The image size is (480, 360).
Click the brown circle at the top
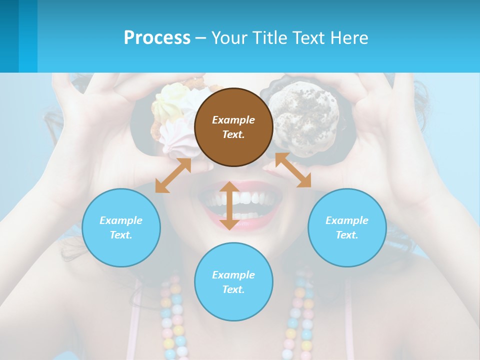tap(233, 127)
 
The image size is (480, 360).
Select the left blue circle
tap(121, 227)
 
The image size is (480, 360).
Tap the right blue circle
tap(347, 227)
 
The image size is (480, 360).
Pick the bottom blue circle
tap(233, 282)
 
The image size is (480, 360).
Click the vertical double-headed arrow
tap(229, 205)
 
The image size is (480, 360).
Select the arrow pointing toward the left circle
tap(173, 175)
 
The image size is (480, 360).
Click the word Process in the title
tap(157, 37)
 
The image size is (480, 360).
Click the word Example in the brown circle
tap(233, 120)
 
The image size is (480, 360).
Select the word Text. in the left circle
tap(121, 235)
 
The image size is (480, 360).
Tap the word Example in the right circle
tap(347, 220)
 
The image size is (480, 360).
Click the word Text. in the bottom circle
tap(233, 289)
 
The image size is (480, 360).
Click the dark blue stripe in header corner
tap(9, 36)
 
